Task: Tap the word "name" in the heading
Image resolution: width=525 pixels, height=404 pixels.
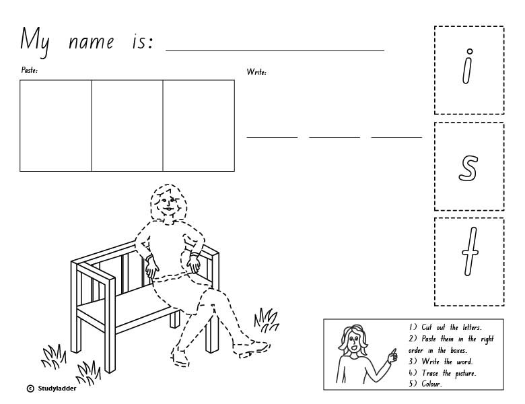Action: (x=92, y=42)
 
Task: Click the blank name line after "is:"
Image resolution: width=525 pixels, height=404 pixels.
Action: (x=275, y=50)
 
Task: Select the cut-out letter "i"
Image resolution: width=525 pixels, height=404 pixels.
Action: (x=468, y=70)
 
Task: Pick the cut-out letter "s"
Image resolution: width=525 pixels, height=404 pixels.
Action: (x=468, y=166)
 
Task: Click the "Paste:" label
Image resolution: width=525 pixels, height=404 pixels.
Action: (x=29, y=70)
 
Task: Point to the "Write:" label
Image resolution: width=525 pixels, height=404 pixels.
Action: (x=256, y=72)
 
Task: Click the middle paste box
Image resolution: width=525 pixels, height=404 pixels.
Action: (x=127, y=125)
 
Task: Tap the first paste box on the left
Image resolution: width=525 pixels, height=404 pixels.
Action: (x=55, y=125)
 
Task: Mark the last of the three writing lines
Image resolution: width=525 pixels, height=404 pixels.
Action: (x=396, y=137)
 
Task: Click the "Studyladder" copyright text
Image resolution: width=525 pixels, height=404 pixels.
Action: (x=57, y=389)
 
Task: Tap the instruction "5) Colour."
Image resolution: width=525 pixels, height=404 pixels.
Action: (x=425, y=384)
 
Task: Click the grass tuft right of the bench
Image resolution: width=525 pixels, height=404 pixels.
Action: (x=267, y=317)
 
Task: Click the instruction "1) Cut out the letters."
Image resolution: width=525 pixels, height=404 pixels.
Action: (x=445, y=328)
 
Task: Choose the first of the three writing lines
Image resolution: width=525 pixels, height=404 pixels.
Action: (x=272, y=137)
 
